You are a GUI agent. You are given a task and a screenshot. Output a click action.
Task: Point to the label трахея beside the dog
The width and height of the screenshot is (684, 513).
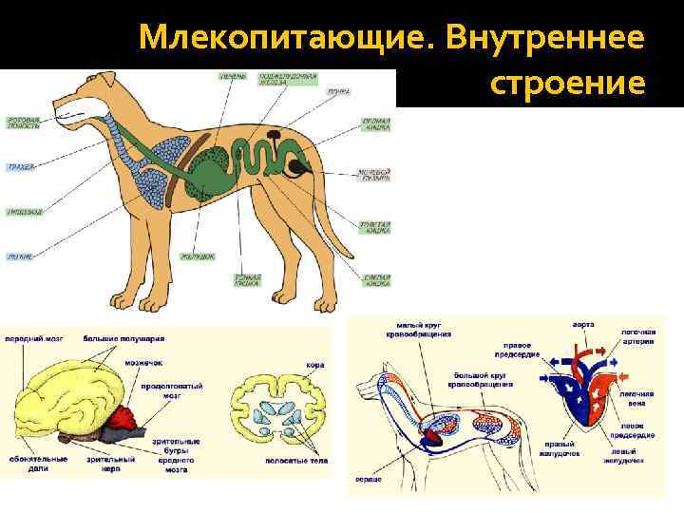pos(20,167)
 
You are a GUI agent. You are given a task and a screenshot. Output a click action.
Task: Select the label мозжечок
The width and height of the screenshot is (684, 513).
pos(141,362)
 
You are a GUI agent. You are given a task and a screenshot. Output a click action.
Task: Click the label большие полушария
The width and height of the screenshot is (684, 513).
pos(123,337)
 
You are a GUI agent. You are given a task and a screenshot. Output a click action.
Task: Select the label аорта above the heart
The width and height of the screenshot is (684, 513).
pos(583,325)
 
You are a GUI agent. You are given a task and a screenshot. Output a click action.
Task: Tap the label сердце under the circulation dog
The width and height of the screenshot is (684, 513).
pos(369,480)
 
